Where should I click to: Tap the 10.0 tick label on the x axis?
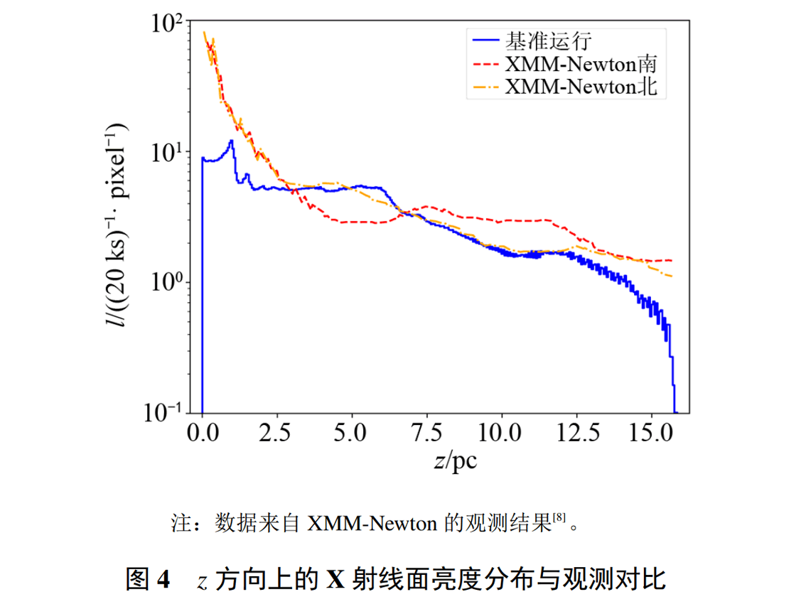(x=502, y=432)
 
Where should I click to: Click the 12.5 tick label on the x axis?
(x=576, y=432)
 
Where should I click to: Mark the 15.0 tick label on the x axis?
(x=651, y=432)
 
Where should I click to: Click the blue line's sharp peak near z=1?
(x=231, y=141)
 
